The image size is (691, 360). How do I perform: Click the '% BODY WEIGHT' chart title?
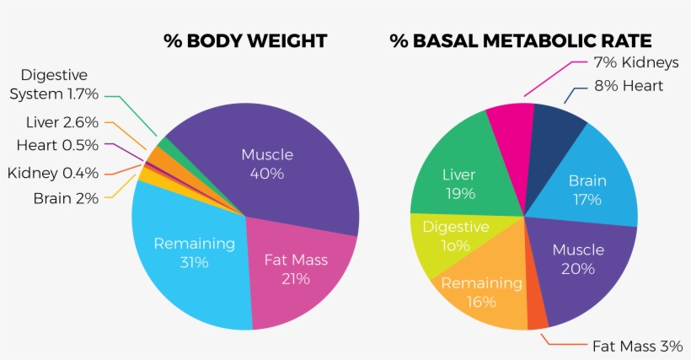(244, 41)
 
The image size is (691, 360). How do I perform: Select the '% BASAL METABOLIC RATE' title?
(520, 41)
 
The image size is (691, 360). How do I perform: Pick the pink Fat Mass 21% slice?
(295, 270)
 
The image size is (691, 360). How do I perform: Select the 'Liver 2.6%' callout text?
(62, 122)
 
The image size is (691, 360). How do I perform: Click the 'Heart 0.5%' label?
(57, 145)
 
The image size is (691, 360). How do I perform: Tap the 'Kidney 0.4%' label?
(53, 173)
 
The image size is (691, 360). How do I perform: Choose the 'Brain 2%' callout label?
(66, 199)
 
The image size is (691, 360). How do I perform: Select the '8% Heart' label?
(629, 86)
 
